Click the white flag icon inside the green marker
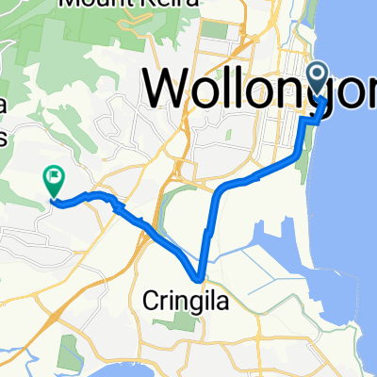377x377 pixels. [x=54, y=173]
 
